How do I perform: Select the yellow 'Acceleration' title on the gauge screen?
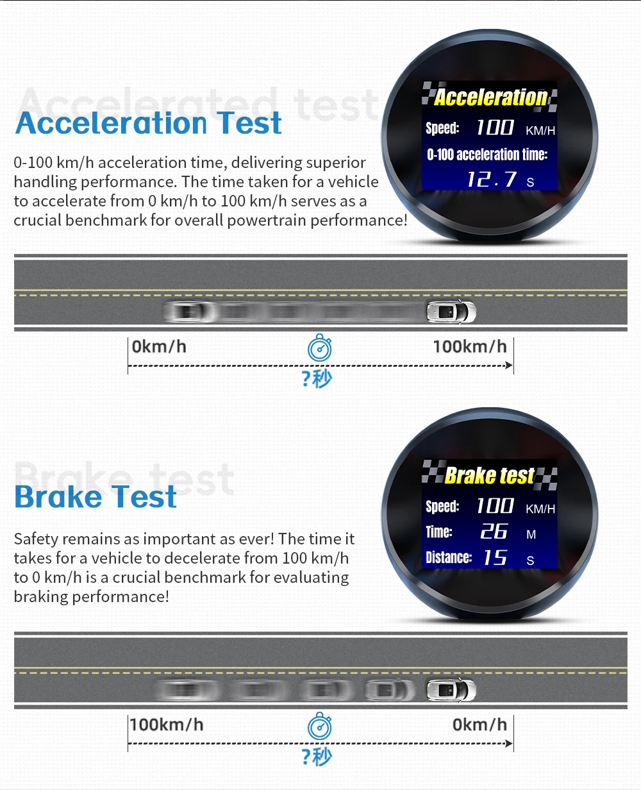tap(490, 97)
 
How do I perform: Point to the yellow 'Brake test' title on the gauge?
tap(489, 475)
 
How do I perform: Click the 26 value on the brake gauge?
tap(494, 531)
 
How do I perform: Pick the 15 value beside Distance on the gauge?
tap(495, 557)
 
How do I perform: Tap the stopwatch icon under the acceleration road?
tap(320, 348)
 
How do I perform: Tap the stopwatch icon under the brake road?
tap(320, 726)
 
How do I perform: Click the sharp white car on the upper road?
tap(451, 312)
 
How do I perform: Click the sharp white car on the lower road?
tap(451, 690)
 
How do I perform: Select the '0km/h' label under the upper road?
tap(159, 347)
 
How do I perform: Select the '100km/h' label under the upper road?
tap(470, 347)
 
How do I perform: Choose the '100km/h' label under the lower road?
tap(167, 725)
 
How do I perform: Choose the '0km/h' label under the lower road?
tap(479, 725)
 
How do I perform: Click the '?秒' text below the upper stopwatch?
tap(317, 379)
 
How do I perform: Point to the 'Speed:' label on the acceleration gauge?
tap(442, 128)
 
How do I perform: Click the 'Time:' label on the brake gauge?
tap(439, 532)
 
